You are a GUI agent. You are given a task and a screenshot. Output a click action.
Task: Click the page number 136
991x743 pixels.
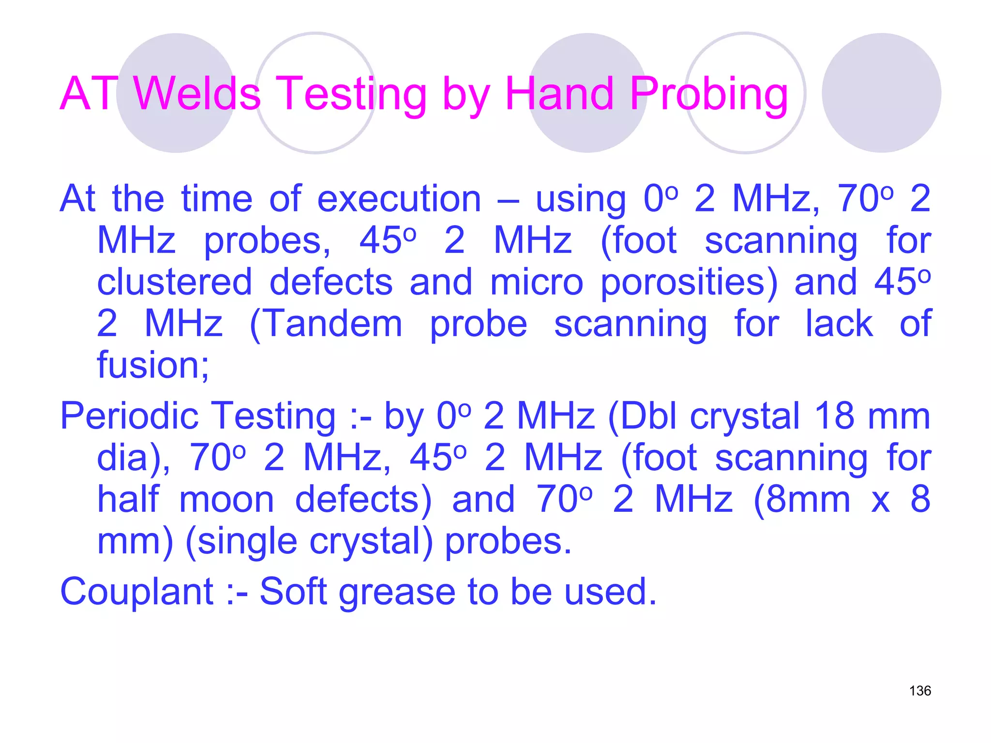(x=920, y=691)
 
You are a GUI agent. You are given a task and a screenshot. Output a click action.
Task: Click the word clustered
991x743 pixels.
(x=175, y=282)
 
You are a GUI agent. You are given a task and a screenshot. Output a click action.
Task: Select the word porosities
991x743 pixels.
(x=689, y=283)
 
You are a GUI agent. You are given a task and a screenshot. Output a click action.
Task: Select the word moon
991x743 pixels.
(x=226, y=500)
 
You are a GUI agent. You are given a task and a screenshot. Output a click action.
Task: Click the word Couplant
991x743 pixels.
(x=137, y=592)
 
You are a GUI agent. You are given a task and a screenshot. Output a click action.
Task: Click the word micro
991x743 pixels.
(x=537, y=282)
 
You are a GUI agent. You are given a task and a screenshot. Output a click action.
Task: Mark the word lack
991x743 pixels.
(x=839, y=324)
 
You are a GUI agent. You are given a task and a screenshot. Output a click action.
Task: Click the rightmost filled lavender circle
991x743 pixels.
(x=882, y=93)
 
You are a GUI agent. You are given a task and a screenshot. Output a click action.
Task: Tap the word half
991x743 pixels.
(x=128, y=500)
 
